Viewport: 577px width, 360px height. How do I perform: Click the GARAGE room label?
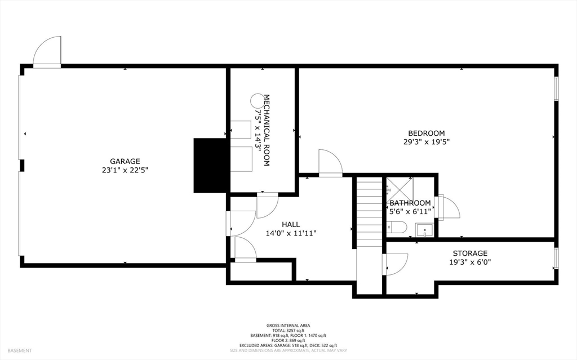pyautogui.click(x=125, y=161)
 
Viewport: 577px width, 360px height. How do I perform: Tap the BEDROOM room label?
pyautogui.click(x=427, y=134)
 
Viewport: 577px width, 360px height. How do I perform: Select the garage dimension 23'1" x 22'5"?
pyautogui.click(x=125, y=170)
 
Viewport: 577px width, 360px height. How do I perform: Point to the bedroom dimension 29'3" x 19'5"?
pyautogui.click(x=427, y=142)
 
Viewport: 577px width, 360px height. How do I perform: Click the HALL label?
pyautogui.click(x=291, y=224)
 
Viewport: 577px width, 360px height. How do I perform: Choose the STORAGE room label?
pyautogui.click(x=470, y=254)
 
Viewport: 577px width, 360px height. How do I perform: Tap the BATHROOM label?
pyautogui.click(x=410, y=203)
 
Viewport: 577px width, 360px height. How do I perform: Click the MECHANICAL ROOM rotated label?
pyautogui.click(x=267, y=130)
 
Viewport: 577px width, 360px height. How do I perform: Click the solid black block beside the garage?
pyautogui.click(x=210, y=165)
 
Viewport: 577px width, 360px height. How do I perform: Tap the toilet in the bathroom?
pyautogui.click(x=397, y=227)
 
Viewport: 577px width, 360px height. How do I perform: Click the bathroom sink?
pyautogui.click(x=425, y=230)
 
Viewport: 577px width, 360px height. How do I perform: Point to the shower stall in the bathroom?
pyautogui.click(x=400, y=189)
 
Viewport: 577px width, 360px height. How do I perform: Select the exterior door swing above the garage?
pyautogui.click(x=47, y=51)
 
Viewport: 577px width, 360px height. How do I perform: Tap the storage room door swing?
pyautogui.click(x=396, y=264)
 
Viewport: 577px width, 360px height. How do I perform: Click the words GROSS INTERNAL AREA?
pyautogui.click(x=288, y=326)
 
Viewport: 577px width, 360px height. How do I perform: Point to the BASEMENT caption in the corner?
pyautogui.click(x=20, y=351)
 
